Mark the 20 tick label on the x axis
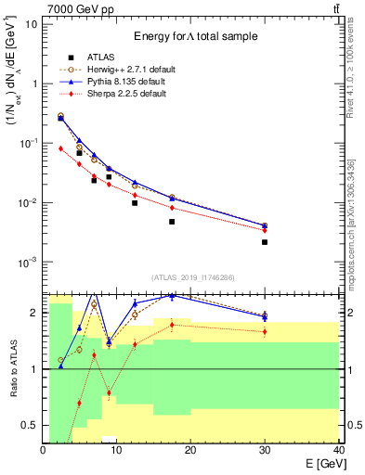coord(190,450)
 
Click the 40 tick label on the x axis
coord(337,450)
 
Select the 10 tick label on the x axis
coord(116,450)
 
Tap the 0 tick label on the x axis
coord(44,450)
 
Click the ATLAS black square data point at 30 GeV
coord(265,242)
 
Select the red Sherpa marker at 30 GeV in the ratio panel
coord(265,331)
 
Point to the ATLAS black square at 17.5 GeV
coord(172,222)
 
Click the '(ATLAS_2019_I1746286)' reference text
coord(190,276)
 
